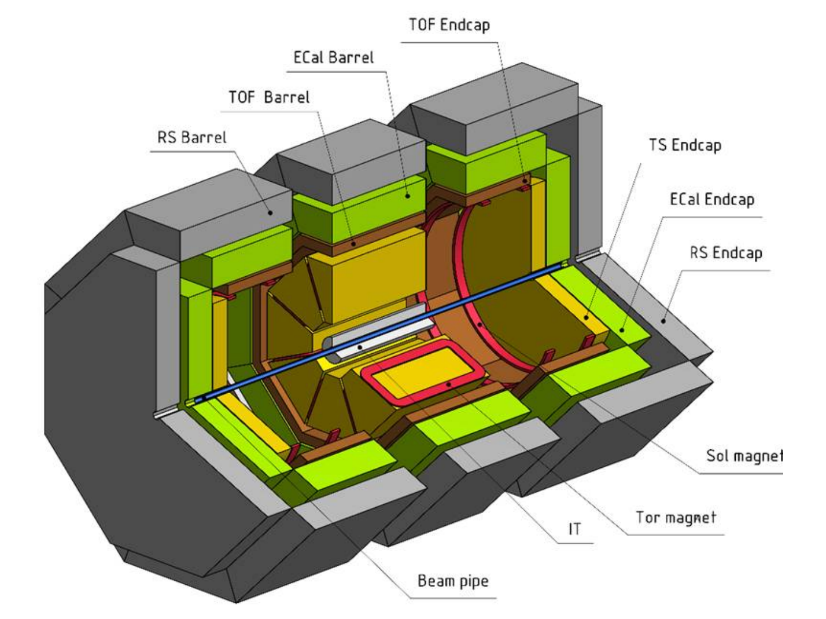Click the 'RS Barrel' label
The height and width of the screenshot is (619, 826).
click(192, 137)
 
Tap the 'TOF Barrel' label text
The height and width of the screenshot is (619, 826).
click(269, 97)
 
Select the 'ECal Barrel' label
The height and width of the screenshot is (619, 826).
click(334, 57)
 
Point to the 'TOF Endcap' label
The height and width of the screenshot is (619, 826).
click(449, 25)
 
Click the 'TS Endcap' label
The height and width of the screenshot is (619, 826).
click(685, 145)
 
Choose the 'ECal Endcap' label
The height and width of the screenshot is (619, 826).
click(712, 199)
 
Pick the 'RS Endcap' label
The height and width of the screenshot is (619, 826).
click(726, 252)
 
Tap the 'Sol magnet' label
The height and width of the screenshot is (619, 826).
click(744, 455)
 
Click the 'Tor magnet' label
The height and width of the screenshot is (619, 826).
click(676, 517)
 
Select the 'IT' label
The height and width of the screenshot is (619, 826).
click(574, 529)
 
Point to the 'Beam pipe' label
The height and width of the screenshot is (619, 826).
click(453, 581)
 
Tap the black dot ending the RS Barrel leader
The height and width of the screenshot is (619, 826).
click(270, 213)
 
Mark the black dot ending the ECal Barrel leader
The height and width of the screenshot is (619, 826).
click(408, 196)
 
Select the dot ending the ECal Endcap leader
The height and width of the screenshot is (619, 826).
click(622, 329)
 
